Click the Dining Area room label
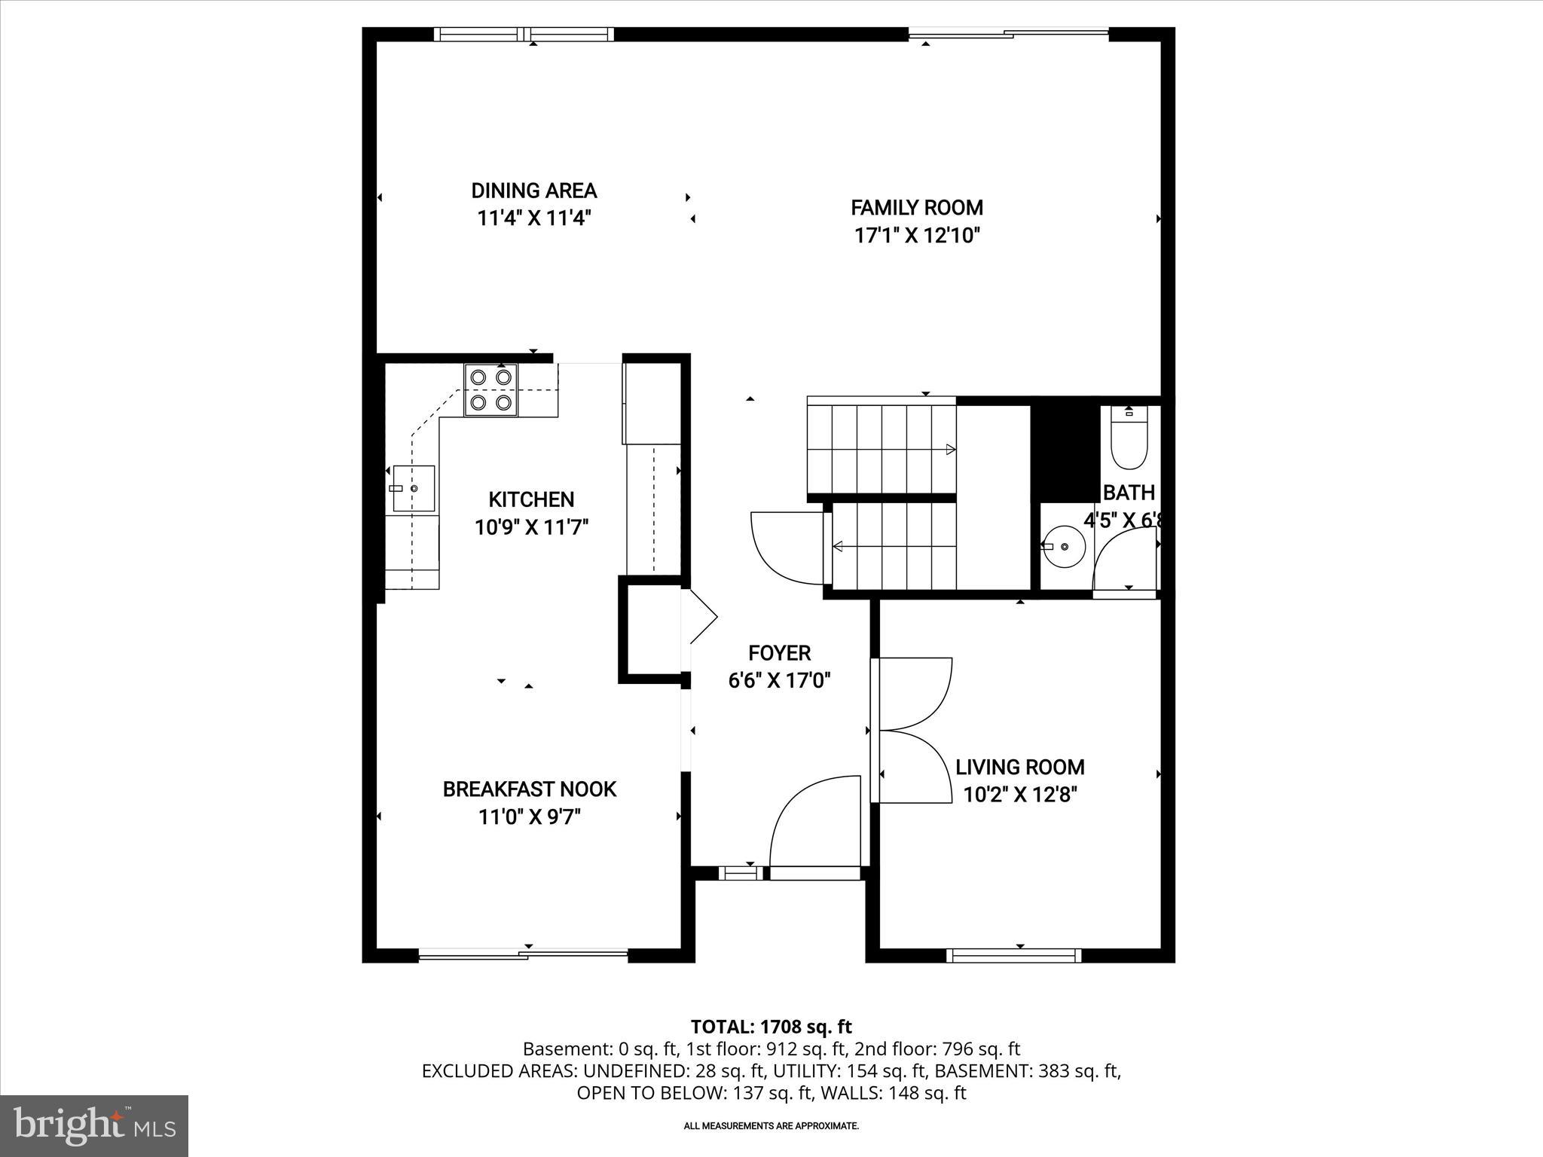tap(533, 191)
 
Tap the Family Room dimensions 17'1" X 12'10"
tap(916, 236)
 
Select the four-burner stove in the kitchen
tap(491, 390)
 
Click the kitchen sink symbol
tap(414, 489)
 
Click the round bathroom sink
tap(1063, 545)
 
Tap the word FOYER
tap(779, 653)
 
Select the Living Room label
tap(1019, 767)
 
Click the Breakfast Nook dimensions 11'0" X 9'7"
tap(529, 817)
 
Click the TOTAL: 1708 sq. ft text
tap(771, 1027)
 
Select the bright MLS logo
tap(94, 1126)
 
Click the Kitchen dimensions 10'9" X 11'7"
tap(531, 527)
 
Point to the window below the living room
tap(1013, 956)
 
